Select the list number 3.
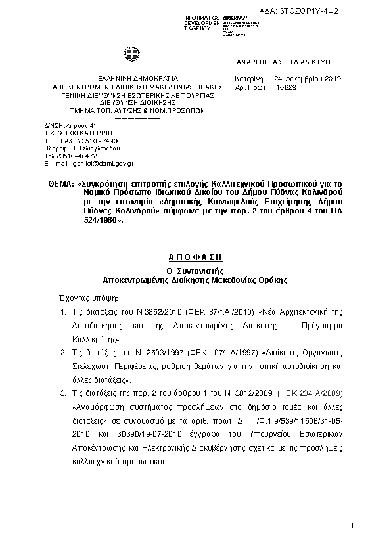point(63,393)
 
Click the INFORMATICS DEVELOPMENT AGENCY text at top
point(202,22)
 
